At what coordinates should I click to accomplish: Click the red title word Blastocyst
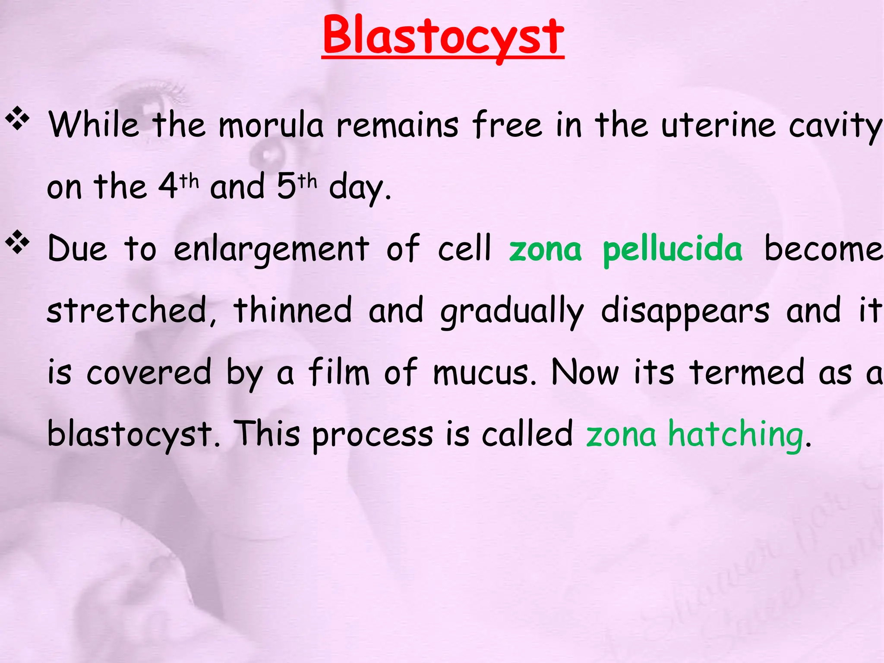click(443, 37)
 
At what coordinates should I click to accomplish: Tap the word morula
click(271, 126)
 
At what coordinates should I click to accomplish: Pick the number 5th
click(296, 186)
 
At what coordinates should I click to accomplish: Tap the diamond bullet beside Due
click(17, 242)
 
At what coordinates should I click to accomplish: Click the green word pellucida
click(672, 249)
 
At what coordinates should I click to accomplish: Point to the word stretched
click(127, 310)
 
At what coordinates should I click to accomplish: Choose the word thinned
click(293, 310)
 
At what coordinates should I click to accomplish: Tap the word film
click(339, 372)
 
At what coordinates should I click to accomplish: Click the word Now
click(585, 372)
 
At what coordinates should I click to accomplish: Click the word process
click(372, 435)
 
